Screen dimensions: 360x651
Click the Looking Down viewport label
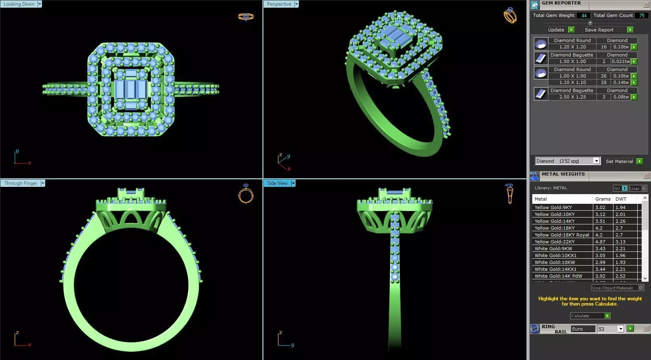pos(19,4)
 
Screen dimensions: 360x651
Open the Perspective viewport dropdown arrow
pos(296,4)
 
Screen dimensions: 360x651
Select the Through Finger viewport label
pos(21,183)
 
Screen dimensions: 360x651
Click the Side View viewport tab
pos(277,183)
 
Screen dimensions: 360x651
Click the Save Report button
pos(599,30)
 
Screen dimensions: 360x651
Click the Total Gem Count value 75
pos(642,15)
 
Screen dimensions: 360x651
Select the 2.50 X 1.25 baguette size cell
pos(572,97)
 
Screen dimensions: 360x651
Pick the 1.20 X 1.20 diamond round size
pos(572,47)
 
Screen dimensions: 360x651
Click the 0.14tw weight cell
pos(621,82)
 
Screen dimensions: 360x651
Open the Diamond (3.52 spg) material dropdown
pos(596,161)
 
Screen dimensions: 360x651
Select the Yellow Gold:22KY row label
pos(554,242)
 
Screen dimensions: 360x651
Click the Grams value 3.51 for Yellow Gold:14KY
pos(600,221)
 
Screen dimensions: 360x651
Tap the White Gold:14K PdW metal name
pos(558,276)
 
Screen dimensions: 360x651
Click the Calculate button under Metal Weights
pos(590,316)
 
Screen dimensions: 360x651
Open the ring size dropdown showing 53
pos(621,329)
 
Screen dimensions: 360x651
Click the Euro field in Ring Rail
pos(582,329)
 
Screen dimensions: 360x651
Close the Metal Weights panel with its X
pos(646,176)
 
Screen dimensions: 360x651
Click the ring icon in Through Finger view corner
pos(246,194)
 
